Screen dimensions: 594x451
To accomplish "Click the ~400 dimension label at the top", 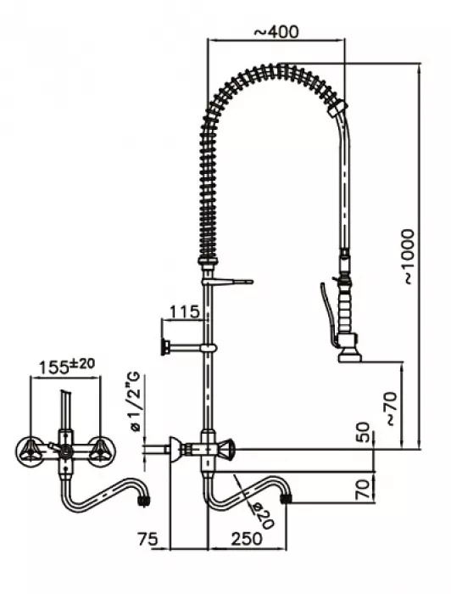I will pyautogui.click(x=276, y=31).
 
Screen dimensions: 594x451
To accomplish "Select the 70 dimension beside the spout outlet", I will pyautogui.click(x=360, y=490).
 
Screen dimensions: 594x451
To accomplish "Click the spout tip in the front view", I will pyautogui.click(x=145, y=501).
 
